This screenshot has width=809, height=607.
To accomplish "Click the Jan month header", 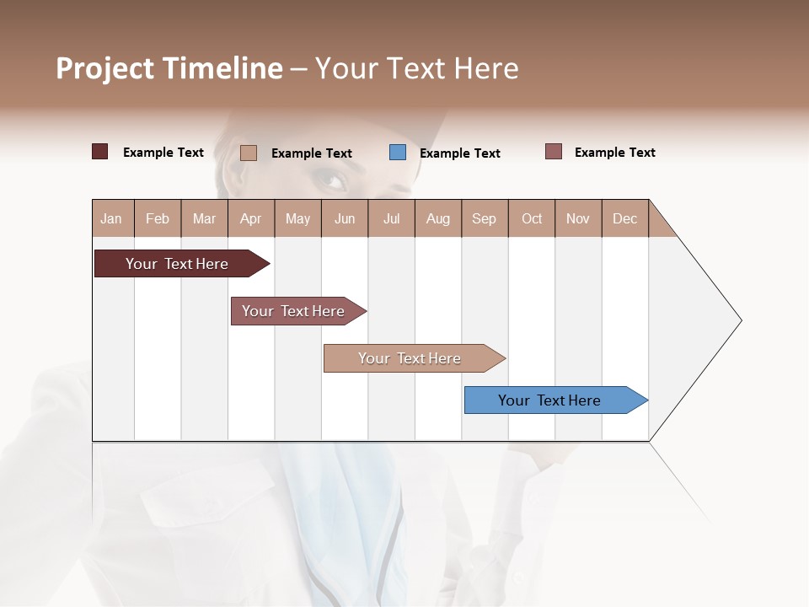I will [x=112, y=218].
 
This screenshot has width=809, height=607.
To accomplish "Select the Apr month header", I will [x=251, y=218].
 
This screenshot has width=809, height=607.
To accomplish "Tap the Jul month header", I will [x=391, y=218].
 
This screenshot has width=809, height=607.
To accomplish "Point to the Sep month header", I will [x=485, y=218].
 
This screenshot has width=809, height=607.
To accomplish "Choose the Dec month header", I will [x=624, y=218].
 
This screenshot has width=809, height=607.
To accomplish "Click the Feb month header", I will [x=158, y=218].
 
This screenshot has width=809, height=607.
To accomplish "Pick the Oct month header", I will [x=532, y=218].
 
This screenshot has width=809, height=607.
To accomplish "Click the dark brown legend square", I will [x=99, y=152].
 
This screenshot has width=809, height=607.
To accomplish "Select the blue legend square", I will [x=398, y=153].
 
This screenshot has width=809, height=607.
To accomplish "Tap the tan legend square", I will [x=249, y=153].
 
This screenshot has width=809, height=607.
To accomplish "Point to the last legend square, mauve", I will [x=554, y=152].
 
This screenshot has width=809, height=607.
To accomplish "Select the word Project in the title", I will [x=104, y=68].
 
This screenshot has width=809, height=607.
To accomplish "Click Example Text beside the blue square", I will [x=460, y=153].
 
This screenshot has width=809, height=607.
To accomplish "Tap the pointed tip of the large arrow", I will [x=739, y=320].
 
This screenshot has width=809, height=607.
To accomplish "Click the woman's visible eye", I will [x=331, y=179].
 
